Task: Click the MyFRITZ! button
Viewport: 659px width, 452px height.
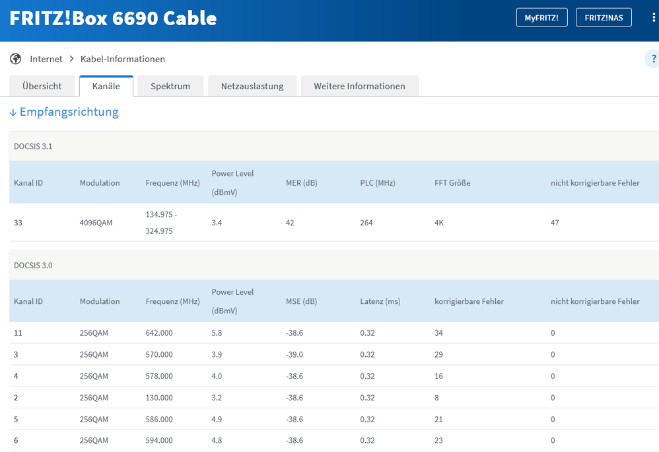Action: coord(541,18)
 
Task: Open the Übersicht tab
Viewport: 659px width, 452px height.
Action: coord(42,86)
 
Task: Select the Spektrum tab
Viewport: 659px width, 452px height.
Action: coord(170,86)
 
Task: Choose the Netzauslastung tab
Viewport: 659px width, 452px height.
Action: coord(252,86)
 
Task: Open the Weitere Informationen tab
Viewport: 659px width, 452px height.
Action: coord(359,86)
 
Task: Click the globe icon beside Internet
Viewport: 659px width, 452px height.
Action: coord(16,59)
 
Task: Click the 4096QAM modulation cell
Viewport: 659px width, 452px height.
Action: coord(96,223)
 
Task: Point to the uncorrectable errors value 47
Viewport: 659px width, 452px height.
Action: coord(555,223)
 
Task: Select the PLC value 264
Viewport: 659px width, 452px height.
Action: coord(366,223)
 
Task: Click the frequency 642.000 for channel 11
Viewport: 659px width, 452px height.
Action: coord(159,333)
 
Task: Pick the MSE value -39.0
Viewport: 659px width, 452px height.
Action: coord(295,355)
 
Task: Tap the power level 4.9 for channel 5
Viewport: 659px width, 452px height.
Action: coord(217,419)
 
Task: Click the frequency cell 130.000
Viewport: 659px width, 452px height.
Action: coord(159,398)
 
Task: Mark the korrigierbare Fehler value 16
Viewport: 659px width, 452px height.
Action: coord(439,376)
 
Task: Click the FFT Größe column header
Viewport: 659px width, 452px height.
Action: coord(452,182)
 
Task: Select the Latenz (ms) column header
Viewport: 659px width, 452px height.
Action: coord(380,301)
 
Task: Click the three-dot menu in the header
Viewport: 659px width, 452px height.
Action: coord(653,18)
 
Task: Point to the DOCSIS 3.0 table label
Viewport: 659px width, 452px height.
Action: coord(33,265)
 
